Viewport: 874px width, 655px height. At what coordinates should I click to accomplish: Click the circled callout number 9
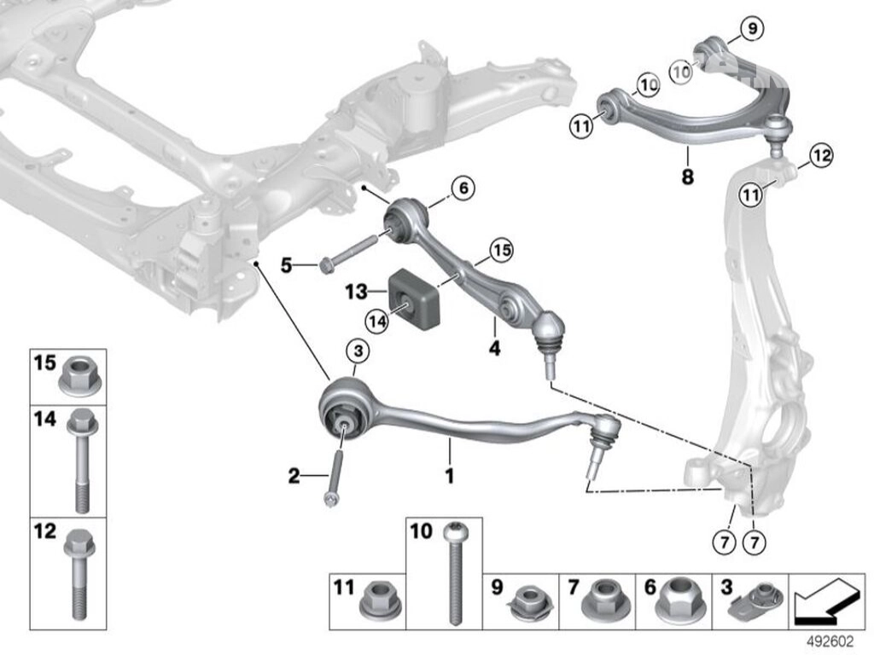coord(752,29)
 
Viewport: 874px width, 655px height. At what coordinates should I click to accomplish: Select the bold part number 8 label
coord(688,177)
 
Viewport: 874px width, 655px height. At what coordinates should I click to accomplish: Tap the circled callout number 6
coord(463,188)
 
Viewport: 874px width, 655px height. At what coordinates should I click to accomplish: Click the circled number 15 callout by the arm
coord(502,250)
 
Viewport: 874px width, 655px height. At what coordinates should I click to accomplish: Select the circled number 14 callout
coord(376,321)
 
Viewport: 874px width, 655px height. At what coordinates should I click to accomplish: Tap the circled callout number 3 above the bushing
coord(358,351)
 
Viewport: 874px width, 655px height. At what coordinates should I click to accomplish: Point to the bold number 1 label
coord(449,475)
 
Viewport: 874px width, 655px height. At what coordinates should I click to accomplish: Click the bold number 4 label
coord(495,348)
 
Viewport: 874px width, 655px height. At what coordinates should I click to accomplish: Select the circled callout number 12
coord(821,156)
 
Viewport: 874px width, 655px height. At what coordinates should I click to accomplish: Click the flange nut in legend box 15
coord(81,376)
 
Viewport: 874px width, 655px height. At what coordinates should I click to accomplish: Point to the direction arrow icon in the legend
coord(828,600)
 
